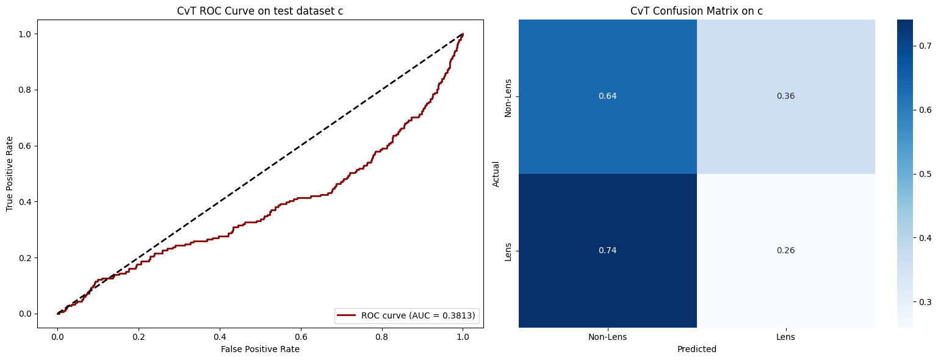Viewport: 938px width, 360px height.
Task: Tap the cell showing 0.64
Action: coord(608,96)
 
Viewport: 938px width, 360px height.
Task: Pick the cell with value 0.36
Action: coord(785,96)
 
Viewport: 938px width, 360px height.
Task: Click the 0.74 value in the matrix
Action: coord(608,251)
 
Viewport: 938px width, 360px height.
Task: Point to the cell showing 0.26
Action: coord(785,251)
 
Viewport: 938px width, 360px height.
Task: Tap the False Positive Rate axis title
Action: coord(260,349)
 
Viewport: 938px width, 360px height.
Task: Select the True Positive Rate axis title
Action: coord(10,173)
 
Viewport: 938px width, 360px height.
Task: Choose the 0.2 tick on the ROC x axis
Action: coord(139,337)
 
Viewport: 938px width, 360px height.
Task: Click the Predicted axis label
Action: coord(696,350)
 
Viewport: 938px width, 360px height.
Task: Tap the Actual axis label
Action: coord(496,173)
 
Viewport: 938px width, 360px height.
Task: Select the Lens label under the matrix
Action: coord(785,337)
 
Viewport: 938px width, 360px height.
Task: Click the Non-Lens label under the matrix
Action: coord(608,337)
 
